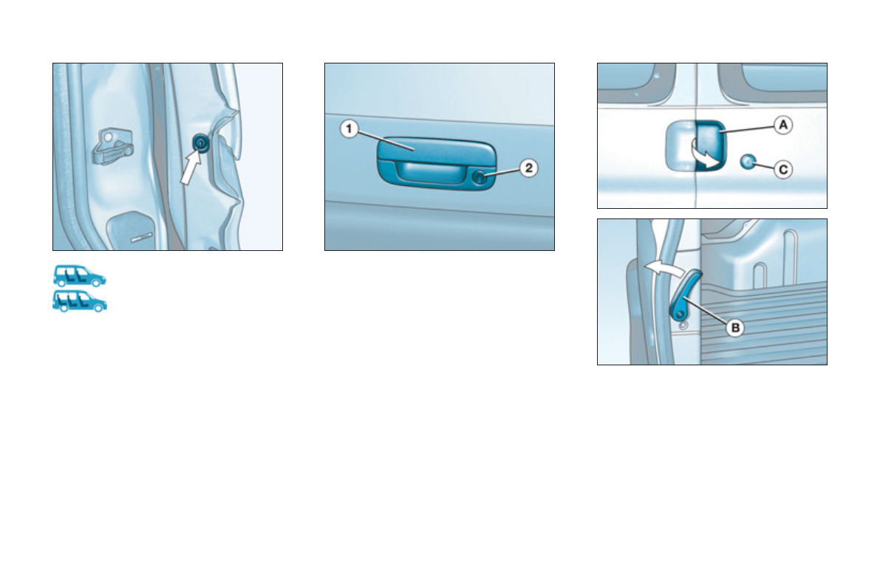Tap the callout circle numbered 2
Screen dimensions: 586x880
tap(528, 168)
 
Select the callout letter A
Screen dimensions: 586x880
tap(783, 125)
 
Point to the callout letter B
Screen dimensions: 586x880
tap(734, 328)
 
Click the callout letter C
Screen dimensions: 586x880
tap(783, 170)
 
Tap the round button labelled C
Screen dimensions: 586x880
tap(748, 162)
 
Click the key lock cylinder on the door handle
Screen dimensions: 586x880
tap(481, 176)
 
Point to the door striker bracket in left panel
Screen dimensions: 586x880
tap(111, 145)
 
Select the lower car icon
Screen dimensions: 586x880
tap(79, 301)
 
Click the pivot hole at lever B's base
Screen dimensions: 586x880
tap(677, 314)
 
